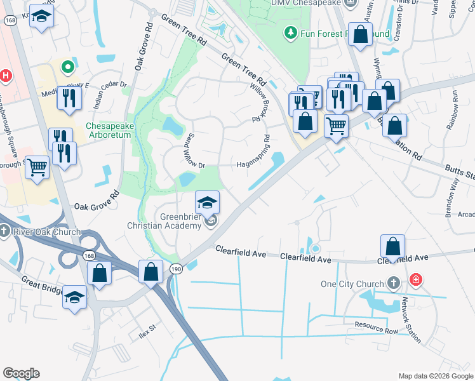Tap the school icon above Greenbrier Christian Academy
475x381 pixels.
(x=207, y=203)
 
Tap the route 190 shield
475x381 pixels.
(x=175, y=270)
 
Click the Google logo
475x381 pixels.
(x=21, y=373)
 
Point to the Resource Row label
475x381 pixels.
(x=376, y=327)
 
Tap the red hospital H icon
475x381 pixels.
(x=6, y=76)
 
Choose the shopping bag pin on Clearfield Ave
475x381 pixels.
(x=393, y=246)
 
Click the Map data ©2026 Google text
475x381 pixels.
(x=435, y=376)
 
